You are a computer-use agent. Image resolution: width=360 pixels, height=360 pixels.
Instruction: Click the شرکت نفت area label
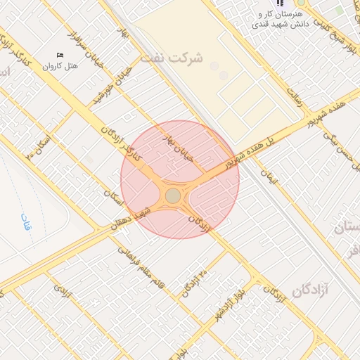point(172,58)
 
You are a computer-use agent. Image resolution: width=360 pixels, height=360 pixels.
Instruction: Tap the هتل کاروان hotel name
point(59,67)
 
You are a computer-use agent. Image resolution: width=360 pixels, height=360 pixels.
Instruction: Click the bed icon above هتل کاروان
point(59,56)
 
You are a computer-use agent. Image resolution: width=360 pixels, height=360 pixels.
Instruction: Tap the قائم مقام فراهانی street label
point(141,262)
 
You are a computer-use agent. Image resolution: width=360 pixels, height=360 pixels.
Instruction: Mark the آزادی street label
point(63,290)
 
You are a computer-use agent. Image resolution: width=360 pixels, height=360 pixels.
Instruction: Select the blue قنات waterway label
point(26,225)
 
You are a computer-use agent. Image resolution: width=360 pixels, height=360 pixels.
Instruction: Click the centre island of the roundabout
point(173,196)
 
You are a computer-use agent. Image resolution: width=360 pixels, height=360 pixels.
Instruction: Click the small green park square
point(340,11)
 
